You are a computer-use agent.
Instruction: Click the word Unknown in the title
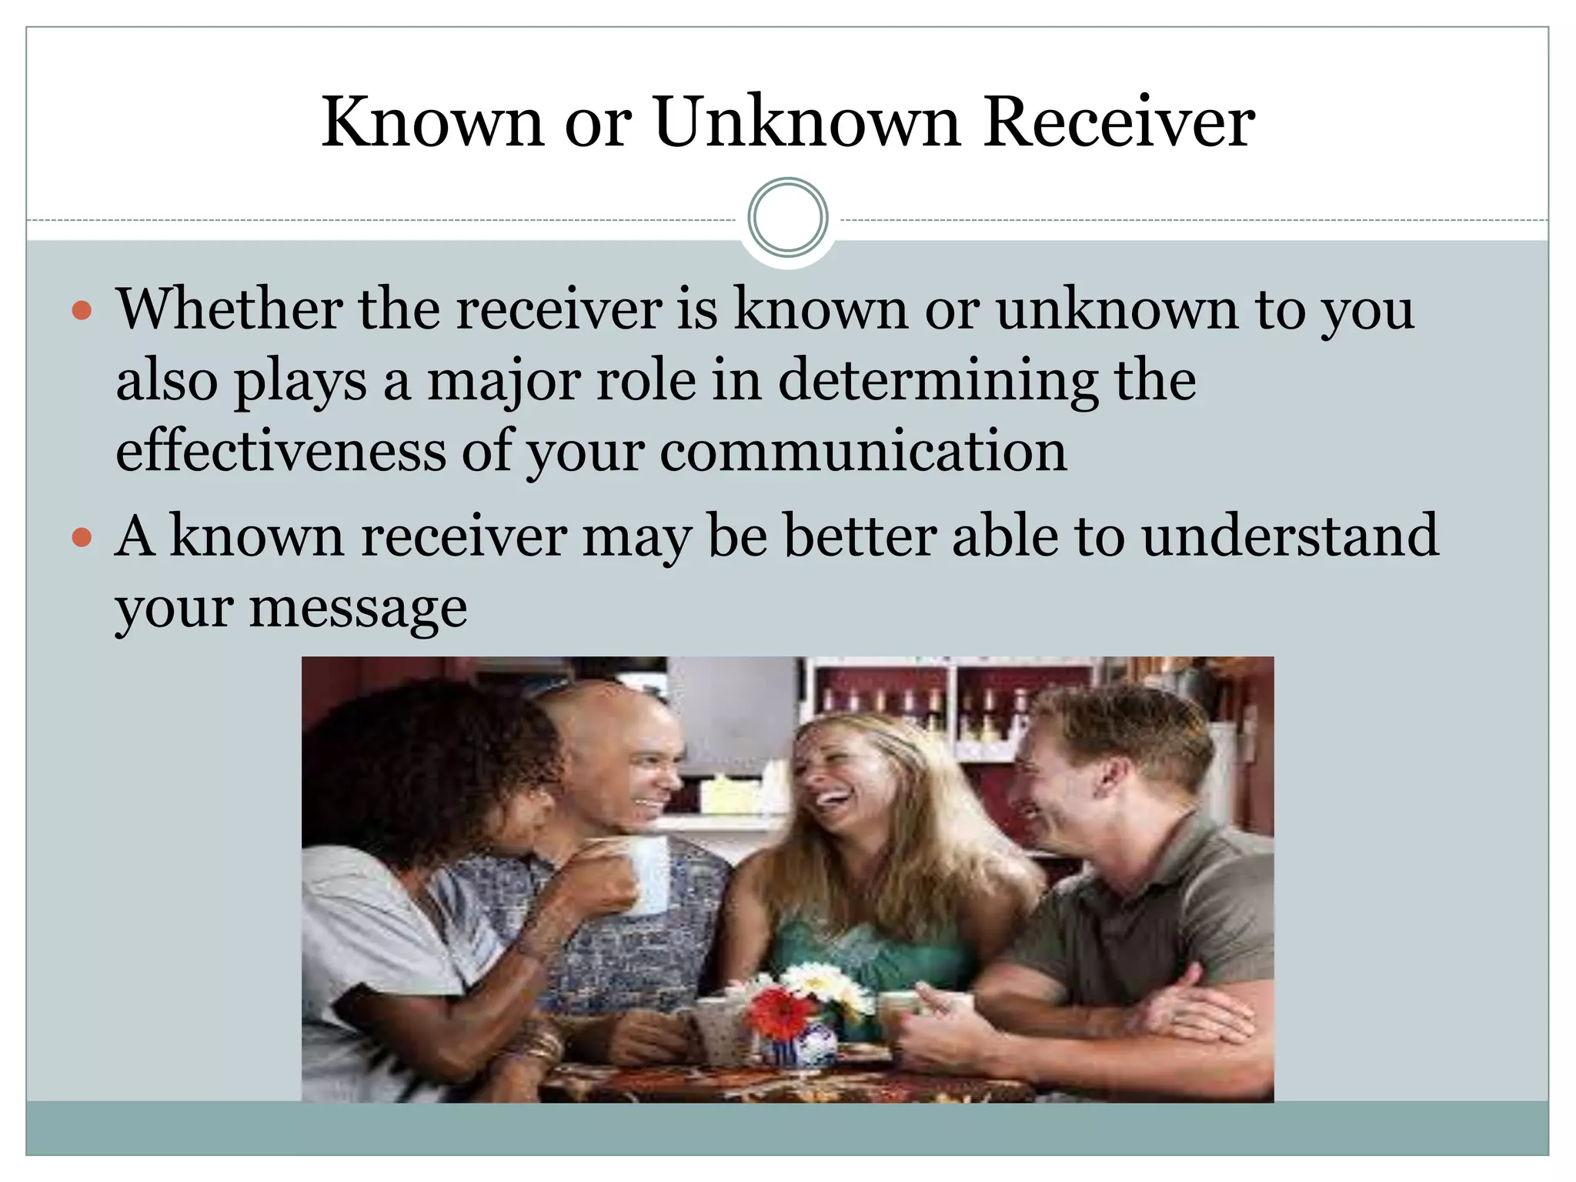pyautogui.click(x=807, y=123)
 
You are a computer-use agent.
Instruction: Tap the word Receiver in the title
pyautogui.click(x=1119, y=123)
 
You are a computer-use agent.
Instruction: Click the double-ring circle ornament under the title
pyautogui.click(x=788, y=218)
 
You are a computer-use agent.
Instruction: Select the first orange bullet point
pyautogui.click(x=82, y=311)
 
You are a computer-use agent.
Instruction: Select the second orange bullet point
pyautogui.click(x=82, y=537)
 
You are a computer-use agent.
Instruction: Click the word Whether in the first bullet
pyautogui.click(x=228, y=309)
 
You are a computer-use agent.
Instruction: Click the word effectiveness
pyautogui.click(x=280, y=452)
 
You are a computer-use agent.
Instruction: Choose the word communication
pyautogui.click(x=863, y=452)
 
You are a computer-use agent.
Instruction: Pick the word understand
pyautogui.click(x=1290, y=536)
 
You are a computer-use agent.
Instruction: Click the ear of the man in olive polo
pyautogui.click(x=1109, y=777)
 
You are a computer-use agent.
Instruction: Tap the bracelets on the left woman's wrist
pyautogui.click(x=539, y=1047)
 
